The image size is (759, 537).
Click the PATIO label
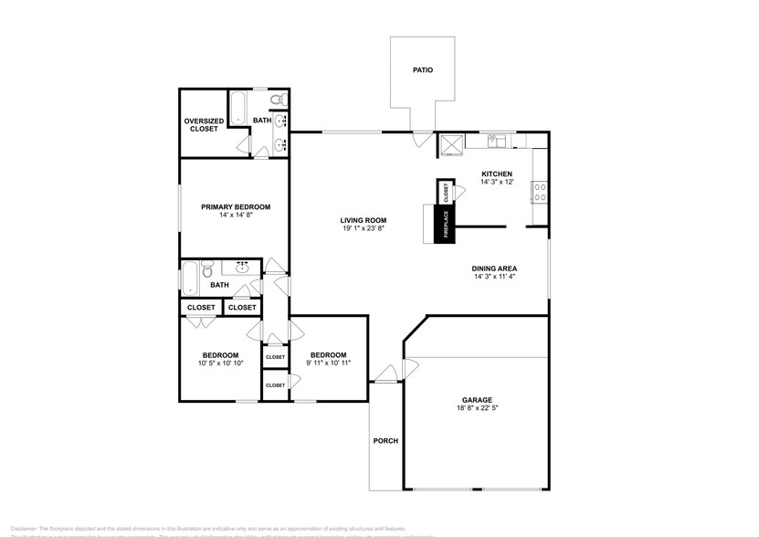(421, 69)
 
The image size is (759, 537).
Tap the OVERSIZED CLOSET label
(203, 124)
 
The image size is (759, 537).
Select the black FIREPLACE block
(447, 225)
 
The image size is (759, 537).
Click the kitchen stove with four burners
(540, 192)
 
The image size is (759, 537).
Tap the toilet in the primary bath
(280, 99)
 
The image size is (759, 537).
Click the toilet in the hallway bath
(208, 270)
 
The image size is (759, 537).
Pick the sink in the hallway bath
(243, 268)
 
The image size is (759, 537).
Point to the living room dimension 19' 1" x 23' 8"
(364, 228)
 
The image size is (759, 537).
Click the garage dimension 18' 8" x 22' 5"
(477, 408)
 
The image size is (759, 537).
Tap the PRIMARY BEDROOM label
(236, 207)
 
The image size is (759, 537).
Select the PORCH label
(385, 441)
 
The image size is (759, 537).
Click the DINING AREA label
(495, 268)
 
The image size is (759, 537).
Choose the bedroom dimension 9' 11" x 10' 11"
(328, 363)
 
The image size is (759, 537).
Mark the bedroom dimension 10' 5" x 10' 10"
(220, 363)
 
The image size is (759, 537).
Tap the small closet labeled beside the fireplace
(447, 193)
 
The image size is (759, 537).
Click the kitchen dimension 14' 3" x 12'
(497, 182)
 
